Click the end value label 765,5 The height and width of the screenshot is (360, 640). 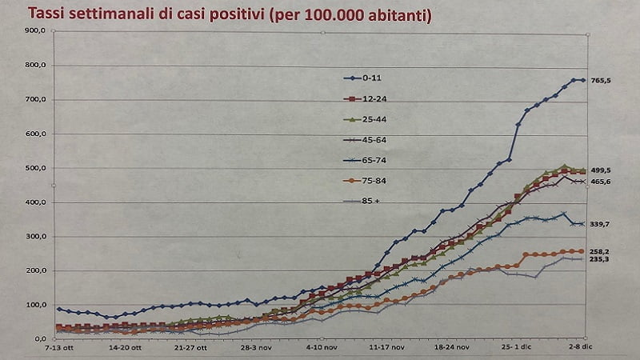pos(600,81)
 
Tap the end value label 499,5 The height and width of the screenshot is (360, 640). pos(600,170)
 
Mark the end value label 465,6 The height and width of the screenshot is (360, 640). pos(600,182)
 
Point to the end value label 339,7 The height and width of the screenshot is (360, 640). pos(600,225)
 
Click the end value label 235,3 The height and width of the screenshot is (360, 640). pos(600,259)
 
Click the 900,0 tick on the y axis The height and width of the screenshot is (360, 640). pos(37,30)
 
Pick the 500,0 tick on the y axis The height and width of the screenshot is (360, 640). pos(37,169)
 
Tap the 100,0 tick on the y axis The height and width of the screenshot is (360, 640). pos(37,306)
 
